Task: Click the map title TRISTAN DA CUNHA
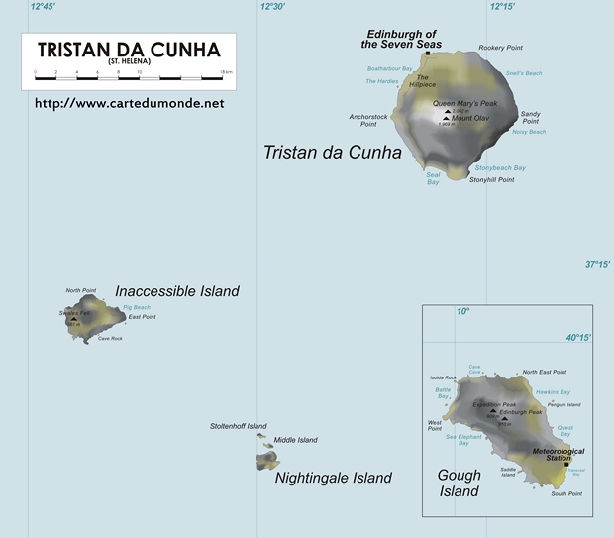(129, 50)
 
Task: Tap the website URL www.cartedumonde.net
(129, 102)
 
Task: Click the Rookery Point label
(499, 48)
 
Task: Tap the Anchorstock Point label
(368, 120)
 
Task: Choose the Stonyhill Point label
(492, 180)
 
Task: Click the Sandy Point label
(530, 118)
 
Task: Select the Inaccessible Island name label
(177, 291)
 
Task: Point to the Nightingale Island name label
(333, 478)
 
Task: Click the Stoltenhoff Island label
(239, 426)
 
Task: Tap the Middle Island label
(295, 440)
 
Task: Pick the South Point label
(567, 493)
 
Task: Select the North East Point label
(545, 372)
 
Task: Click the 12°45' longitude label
(43, 7)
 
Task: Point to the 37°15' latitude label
(597, 264)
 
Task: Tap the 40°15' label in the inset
(579, 337)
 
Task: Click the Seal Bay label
(433, 179)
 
